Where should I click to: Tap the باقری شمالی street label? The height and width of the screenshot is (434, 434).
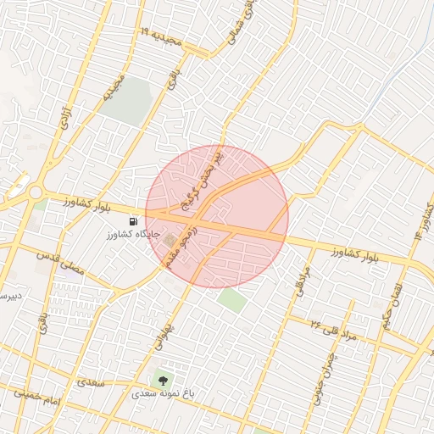tap(242, 20)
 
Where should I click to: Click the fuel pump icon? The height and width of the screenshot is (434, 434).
tap(131, 221)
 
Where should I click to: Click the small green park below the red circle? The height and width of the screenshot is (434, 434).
tap(231, 299)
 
